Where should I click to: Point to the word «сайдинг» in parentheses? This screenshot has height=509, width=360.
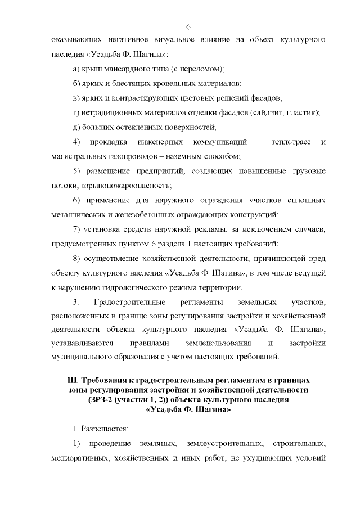click(x=274, y=112)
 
